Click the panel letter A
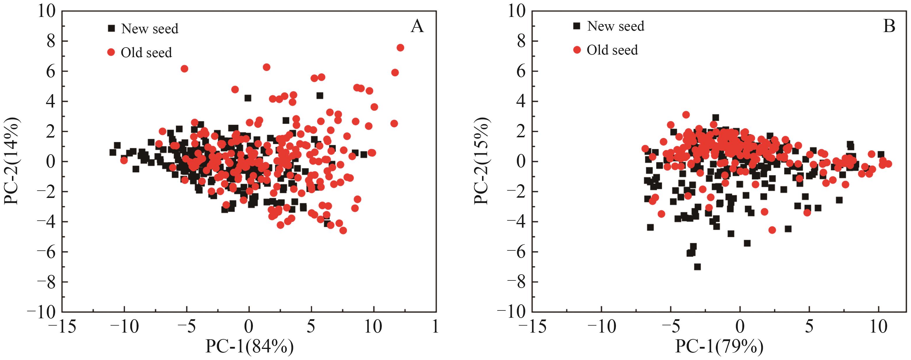(417, 26)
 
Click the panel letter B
(889, 26)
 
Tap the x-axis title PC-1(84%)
(249, 347)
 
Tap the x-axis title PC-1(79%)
(719, 347)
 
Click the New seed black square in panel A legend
(112, 28)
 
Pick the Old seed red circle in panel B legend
(577, 50)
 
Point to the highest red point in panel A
(400, 48)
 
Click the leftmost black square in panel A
(113, 152)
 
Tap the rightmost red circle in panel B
(888, 164)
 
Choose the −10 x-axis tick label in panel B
(601, 327)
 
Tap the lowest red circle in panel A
(343, 231)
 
